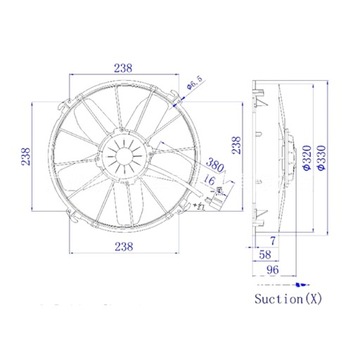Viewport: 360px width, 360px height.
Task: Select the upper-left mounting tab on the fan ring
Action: [x=68, y=98]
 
